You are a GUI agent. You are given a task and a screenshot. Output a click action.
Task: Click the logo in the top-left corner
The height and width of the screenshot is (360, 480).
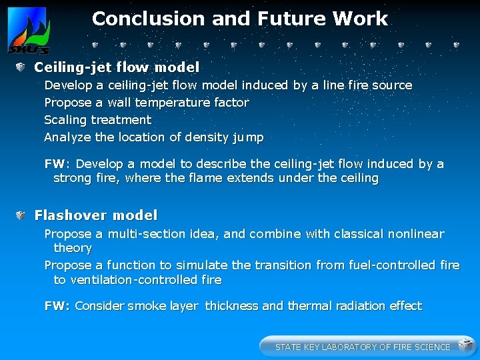point(27,31)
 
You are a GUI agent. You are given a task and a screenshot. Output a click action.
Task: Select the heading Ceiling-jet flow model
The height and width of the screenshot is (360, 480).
point(117,67)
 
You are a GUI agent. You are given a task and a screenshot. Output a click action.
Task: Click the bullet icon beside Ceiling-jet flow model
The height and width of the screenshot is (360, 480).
point(21,67)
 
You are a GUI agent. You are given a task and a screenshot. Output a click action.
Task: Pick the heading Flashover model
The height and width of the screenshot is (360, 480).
point(96,215)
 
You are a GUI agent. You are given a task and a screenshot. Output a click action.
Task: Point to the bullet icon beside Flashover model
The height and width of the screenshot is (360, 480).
point(21,215)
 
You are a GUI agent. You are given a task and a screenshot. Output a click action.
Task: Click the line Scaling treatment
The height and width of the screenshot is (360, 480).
point(97,120)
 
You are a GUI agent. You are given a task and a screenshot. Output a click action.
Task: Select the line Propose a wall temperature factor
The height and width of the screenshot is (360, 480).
point(146,103)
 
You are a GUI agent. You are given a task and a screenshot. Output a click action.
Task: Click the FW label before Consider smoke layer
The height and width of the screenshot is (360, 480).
point(57,306)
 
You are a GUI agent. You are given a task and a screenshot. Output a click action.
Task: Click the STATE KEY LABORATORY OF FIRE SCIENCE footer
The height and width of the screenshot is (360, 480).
point(363,347)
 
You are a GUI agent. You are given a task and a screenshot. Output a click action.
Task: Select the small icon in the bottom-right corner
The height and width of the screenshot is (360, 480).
point(465,345)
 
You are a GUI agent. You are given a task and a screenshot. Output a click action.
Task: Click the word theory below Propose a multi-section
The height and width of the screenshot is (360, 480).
point(73,248)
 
